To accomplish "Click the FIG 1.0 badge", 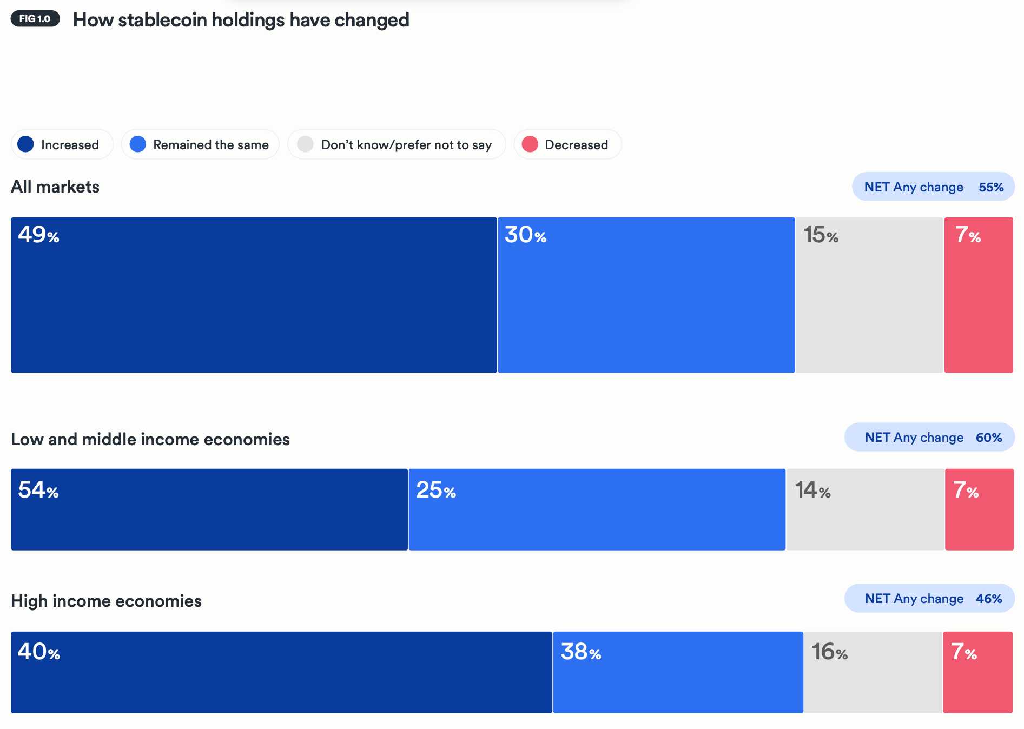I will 35,19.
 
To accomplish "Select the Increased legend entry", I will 62,144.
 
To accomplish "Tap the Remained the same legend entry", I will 200,144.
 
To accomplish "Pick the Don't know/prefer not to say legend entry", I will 397,144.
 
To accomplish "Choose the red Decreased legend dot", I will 530,144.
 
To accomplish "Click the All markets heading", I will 55,187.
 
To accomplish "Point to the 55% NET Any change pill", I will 933,187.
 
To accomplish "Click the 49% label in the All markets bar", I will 38,235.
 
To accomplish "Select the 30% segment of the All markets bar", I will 646,295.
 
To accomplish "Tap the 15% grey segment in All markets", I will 869,295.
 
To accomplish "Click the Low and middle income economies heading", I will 150,439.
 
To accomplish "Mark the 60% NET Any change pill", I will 929,438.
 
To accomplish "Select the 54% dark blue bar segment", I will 209,509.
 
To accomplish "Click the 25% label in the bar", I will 436,491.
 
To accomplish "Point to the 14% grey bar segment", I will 864,509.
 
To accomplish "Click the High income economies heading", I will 106,601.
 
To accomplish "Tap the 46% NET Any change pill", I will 929,599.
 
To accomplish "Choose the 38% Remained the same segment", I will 678,672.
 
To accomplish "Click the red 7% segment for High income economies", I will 977,672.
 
